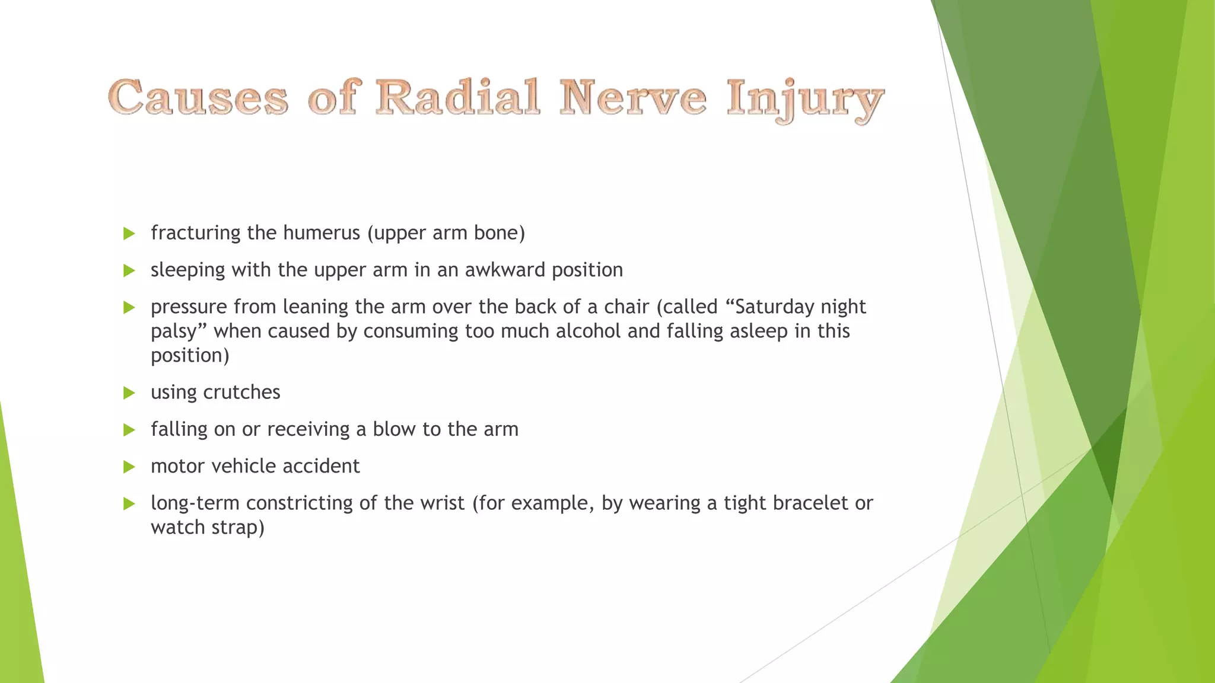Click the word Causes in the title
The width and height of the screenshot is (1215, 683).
click(x=198, y=97)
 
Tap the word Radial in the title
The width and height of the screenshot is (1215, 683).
click(x=457, y=97)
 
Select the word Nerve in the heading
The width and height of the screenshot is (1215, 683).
click(x=633, y=97)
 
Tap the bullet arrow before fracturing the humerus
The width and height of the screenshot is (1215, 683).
click(x=129, y=234)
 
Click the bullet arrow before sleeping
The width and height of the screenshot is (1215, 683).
click(x=129, y=271)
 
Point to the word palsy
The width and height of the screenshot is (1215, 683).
click(x=176, y=332)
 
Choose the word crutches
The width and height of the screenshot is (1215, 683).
click(x=241, y=392)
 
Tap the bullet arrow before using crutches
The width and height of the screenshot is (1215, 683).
click(x=129, y=393)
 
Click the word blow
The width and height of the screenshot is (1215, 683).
click(x=394, y=429)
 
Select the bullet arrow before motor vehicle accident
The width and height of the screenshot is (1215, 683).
click(x=129, y=467)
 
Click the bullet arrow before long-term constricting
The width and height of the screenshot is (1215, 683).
click(x=129, y=504)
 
